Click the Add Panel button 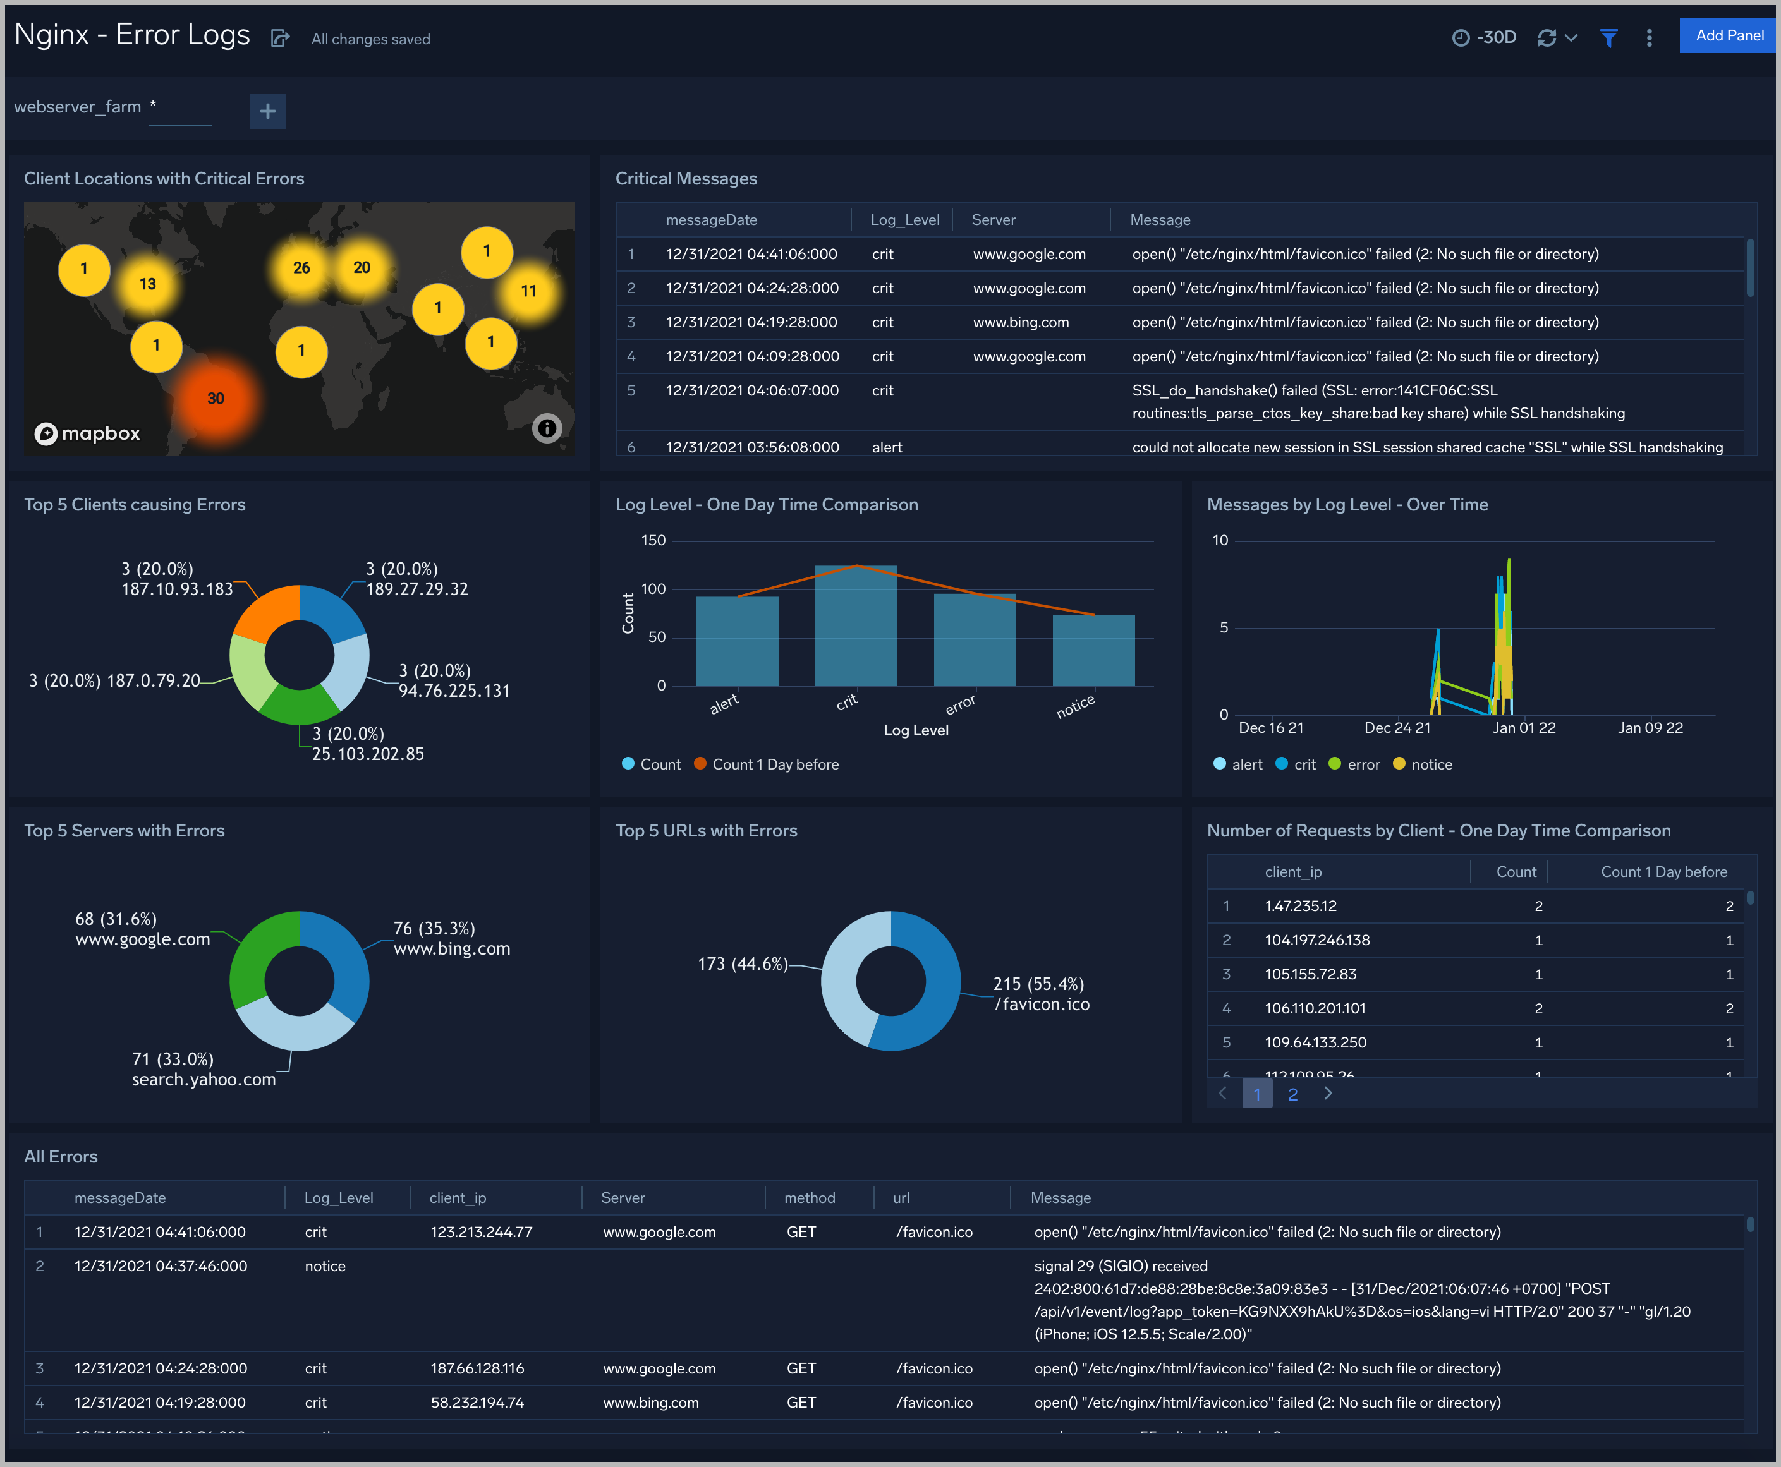[1729, 35]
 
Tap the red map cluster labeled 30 [216, 399]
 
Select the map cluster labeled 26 [301, 268]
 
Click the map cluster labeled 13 [148, 284]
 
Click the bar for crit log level [855, 625]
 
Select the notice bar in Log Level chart [1093, 650]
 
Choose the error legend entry [1363, 764]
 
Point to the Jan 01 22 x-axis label [1523, 728]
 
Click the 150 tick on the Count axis [653, 541]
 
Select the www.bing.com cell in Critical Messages [1020, 323]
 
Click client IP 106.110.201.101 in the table [1315, 1008]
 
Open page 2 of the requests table [1292, 1094]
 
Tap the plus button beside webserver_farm [268, 111]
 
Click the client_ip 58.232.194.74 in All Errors [477, 1403]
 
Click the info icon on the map [547, 428]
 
